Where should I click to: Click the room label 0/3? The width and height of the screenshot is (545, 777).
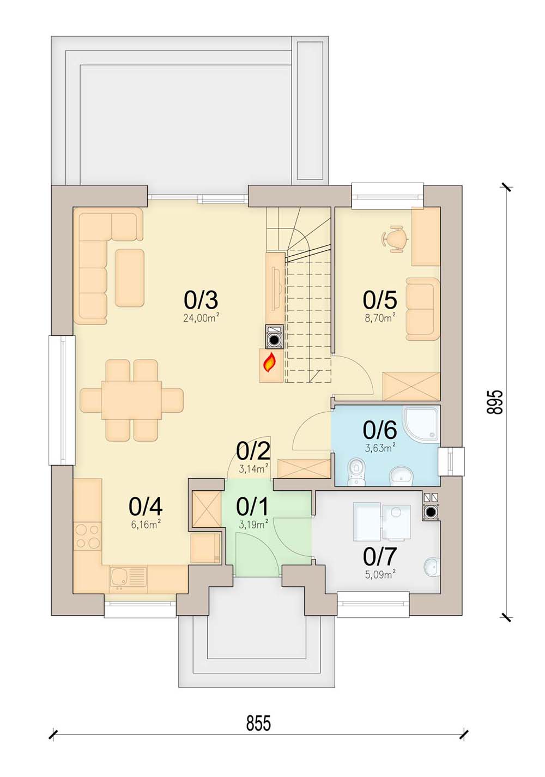[x=201, y=300]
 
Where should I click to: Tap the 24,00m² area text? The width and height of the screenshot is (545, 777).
[x=202, y=318]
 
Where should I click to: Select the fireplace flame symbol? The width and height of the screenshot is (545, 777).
[x=270, y=363]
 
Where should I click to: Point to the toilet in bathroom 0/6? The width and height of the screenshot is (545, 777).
[x=355, y=472]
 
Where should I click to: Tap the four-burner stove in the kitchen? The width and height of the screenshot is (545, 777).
[x=87, y=536]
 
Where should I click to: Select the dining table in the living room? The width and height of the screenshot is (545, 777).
[x=131, y=400]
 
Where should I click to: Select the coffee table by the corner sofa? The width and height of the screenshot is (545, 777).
[x=129, y=278]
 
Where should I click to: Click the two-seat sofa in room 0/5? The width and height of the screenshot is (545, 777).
[x=423, y=309]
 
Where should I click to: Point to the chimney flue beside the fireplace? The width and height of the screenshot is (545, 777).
[x=275, y=336]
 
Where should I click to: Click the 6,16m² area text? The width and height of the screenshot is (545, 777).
[x=146, y=525]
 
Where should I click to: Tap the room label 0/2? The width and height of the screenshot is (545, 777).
[x=253, y=451]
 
